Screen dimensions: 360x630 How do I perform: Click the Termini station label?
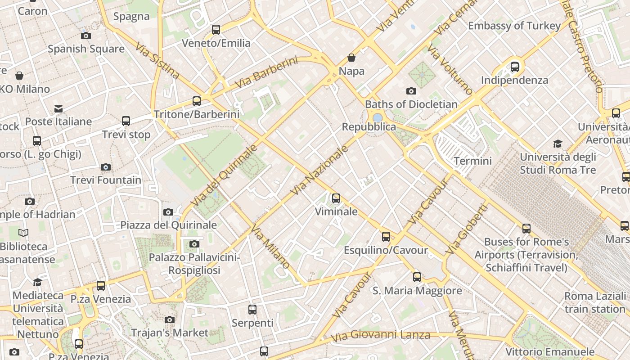[472, 161]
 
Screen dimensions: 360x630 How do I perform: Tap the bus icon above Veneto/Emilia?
[216, 30]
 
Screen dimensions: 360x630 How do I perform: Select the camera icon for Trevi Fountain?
[106, 167]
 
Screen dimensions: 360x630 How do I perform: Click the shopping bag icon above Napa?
[351, 58]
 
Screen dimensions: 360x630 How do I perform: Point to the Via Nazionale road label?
[320, 170]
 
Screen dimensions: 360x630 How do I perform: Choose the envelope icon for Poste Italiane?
[58, 108]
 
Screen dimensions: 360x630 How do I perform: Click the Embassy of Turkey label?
[514, 26]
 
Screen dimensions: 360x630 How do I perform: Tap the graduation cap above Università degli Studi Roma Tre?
[558, 144]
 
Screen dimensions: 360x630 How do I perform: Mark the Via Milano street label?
[270, 247]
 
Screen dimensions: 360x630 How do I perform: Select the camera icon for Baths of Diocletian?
[411, 91]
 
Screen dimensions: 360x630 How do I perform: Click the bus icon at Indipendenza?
[515, 67]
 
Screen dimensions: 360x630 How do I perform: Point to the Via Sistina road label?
[157, 61]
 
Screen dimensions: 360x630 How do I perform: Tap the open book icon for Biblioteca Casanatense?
[23, 233]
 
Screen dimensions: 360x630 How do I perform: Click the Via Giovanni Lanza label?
[380, 335]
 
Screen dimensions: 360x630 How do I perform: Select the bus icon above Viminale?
[336, 198]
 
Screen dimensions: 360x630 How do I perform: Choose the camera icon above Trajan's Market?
[170, 319]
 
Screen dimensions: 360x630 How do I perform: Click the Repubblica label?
[369, 127]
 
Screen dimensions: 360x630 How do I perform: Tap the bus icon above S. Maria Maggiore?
[417, 277]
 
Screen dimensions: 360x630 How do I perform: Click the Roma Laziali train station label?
[595, 302]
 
